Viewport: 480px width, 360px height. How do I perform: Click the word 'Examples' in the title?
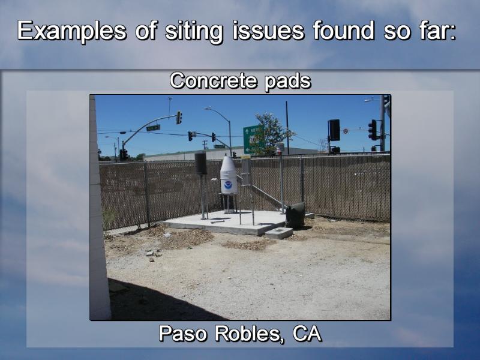pos(71,31)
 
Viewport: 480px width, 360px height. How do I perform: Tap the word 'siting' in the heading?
pos(193,32)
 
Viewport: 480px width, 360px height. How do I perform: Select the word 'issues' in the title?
pos(268,31)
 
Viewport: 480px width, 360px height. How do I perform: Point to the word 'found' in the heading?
pos(343,31)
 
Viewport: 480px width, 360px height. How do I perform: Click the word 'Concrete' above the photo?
pos(213,81)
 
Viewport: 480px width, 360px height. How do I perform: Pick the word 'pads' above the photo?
pos(288,82)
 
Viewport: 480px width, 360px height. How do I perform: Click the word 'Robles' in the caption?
pos(247,334)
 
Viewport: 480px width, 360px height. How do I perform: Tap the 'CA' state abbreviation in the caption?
pos(307,334)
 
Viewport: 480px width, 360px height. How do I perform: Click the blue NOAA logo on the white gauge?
pos(228,185)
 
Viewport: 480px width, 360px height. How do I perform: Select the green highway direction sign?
pos(253,139)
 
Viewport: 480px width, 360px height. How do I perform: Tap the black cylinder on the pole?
pos(200,163)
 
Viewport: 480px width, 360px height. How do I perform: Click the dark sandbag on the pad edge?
pos(295,215)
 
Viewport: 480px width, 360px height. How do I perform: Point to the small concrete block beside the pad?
pos(278,233)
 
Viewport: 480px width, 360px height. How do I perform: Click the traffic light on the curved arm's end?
pos(179,118)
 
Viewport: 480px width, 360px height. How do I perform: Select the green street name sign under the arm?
pos(153,128)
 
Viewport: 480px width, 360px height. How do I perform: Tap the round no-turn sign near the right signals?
pos(346,131)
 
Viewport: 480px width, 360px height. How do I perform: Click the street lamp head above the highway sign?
pos(208,109)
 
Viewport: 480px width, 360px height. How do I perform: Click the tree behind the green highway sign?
pos(274,131)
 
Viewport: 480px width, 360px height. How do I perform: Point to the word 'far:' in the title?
pos(436,31)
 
